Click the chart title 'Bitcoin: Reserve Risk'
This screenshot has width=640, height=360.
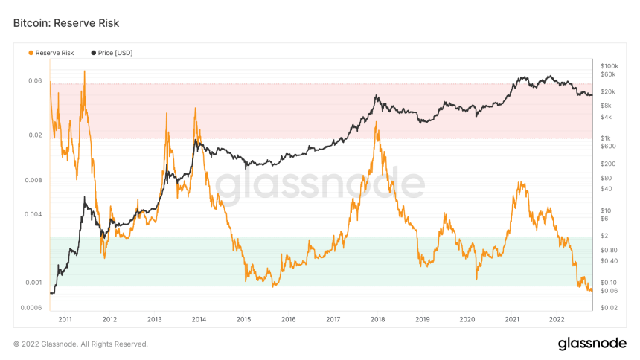click(66, 23)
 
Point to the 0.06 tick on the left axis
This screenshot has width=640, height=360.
click(35, 80)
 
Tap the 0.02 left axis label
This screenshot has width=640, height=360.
click(35, 135)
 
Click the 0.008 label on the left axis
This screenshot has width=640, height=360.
click(33, 180)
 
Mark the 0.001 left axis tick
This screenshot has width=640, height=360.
click(33, 283)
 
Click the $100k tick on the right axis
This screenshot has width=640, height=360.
click(609, 65)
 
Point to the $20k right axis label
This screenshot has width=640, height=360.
click(608, 91)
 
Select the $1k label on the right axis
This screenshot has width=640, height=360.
click(606, 138)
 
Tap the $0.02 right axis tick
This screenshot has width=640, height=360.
click(609, 308)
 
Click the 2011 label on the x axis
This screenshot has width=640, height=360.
click(65, 318)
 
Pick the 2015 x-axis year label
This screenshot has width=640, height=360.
click(244, 318)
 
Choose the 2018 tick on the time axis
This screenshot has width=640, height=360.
click(378, 318)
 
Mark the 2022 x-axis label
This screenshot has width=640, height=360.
click(557, 318)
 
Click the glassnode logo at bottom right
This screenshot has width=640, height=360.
click(592, 344)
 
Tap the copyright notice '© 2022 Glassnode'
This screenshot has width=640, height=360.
click(80, 344)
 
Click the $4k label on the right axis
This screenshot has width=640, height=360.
click(606, 117)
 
